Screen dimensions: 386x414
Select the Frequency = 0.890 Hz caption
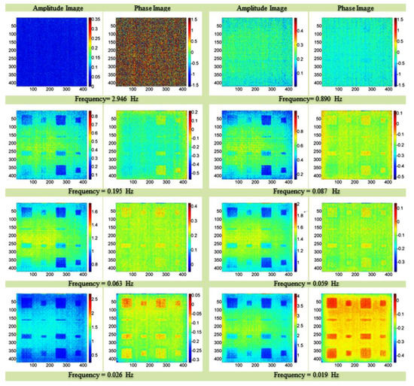pyautogui.click(x=309, y=98)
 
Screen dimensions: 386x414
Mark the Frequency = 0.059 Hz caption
pyautogui.click(x=309, y=285)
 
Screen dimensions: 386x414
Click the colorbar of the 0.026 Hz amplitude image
pyautogui.click(x=90, y=330)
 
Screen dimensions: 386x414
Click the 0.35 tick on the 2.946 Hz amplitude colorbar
pyautogui.click(x=95, y=16)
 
